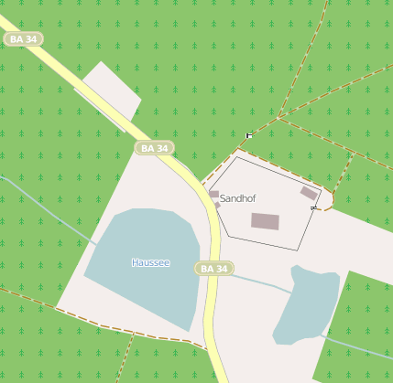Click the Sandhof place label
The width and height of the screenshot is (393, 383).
click(238, 198)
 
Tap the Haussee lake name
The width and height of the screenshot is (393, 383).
click(150, 263)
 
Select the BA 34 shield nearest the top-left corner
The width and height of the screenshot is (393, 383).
click(23, 39)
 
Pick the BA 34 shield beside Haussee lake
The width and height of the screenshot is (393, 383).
click(214, 269)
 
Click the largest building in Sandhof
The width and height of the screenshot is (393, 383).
click(265, 221)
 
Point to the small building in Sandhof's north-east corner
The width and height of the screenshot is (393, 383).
click(309, 193)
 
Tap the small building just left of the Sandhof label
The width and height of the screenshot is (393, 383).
click(213, 195)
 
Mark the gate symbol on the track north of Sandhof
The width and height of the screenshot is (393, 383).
click(248, 135)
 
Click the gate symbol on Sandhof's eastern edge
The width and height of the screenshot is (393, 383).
click(314, 208)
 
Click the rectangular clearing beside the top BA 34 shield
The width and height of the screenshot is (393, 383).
click(108, 89)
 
